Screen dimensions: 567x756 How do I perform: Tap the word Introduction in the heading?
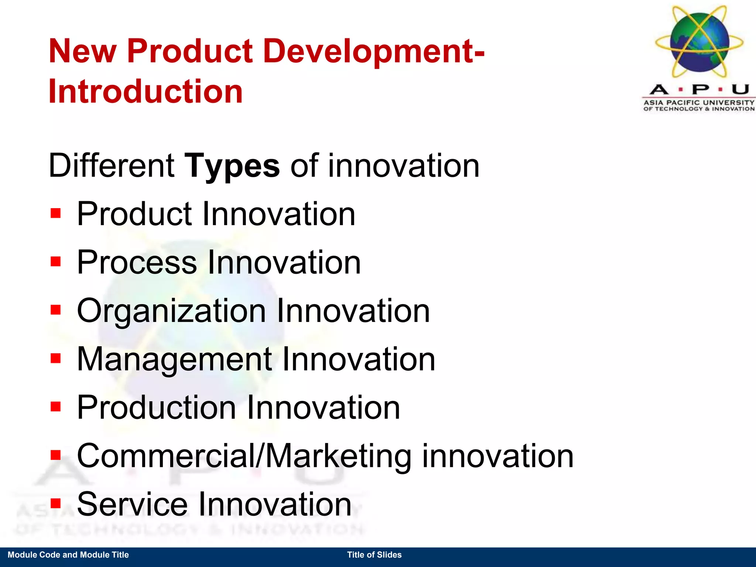[145, 91]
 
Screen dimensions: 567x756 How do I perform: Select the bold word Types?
[232, 166]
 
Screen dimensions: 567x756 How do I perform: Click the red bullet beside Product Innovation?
[56, 213]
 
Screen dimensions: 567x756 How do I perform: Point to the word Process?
[137, 262]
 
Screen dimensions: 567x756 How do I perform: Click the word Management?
[174, 360]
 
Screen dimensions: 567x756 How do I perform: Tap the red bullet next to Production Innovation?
[56, 407]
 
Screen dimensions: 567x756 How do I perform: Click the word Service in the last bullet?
[132, 504]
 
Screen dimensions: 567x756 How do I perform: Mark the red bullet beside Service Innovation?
[56, 504]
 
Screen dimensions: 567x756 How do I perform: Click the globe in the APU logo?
[700, 42]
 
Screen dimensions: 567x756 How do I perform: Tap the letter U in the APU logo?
[740, 90]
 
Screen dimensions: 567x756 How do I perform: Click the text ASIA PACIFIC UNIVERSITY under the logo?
[699, 102]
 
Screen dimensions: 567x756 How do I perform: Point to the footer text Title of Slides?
[374, 555]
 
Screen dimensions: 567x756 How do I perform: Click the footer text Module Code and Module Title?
[68, 555]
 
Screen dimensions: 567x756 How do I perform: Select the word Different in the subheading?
[111, 166]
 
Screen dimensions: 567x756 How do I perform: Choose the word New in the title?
[82, 51]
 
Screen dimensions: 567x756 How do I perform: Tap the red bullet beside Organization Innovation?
[56, 310]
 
